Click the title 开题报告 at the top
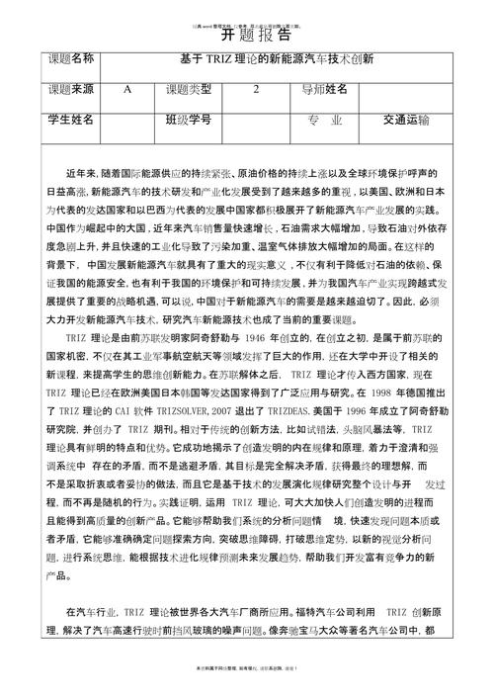(247, 29)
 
